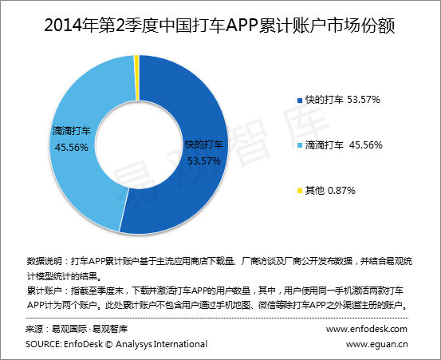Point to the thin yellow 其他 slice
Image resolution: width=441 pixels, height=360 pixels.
pos(136,59)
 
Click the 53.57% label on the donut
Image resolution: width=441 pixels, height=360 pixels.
pos(203,160)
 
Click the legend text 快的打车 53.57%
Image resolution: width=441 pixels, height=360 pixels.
pos(343,101)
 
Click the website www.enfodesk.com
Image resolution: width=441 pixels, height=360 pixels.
pos(367,329)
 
